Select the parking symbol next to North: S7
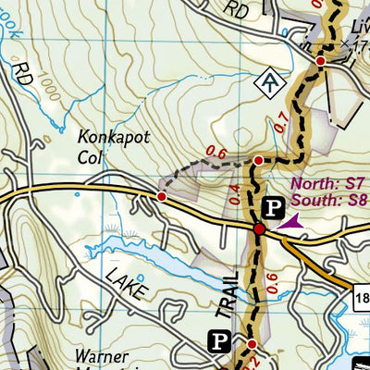pyautogui.click(x=274, y=207)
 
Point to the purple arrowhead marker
pyautogui.click(x=290, y=222)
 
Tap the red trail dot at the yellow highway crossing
pyautogui.click(x=260, y=228)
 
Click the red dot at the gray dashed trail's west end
pyautogui.click(x=162, y=196)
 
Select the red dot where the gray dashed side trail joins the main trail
pyautogui.click(x=258, y=161)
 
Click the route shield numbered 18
pyautogui.click(x=362, y=295)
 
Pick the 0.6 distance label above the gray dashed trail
pyautogui.click(x=216, y=152)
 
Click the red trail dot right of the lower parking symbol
pyautogui.click(x=250, y=344)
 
